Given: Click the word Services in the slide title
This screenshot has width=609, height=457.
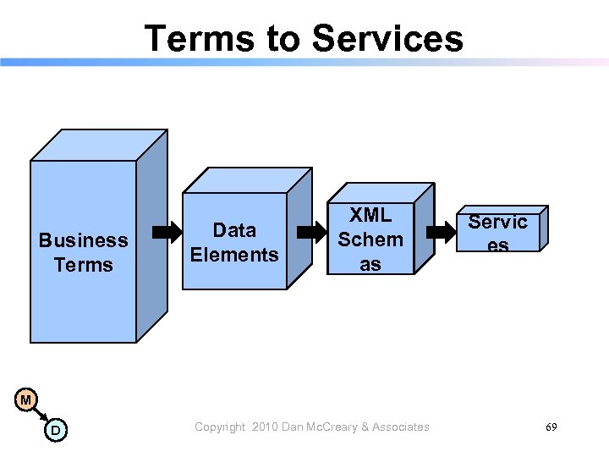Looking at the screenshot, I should click(x=387, y=39).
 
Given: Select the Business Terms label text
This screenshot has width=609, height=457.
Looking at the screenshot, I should click(x=83, y=252).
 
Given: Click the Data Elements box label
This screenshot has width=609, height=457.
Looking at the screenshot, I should click(x=234, y=242).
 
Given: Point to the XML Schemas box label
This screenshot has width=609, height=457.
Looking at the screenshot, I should click(x=370, y=240).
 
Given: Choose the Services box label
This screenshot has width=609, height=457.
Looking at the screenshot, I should click(x=498, y=233).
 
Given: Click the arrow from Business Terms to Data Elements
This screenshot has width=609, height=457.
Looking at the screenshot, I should click(x=166, y=230).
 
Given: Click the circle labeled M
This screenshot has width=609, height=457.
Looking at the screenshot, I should click(x=26, y=399).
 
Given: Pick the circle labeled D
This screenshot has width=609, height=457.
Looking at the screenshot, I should click(x=56, y=430).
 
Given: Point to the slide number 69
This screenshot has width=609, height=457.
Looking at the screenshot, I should click(x=551, y=427).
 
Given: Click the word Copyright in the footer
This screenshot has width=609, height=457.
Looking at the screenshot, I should click(x=220, y=427).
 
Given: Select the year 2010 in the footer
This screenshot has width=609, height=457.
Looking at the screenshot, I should click(x=263, y=427).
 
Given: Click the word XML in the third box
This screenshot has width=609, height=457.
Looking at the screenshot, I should click(x=370, y=215).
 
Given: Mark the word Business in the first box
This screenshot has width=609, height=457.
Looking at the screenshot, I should click(x=83, y=240).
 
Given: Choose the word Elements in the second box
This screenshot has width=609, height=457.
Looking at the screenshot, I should click(x=234, y=255).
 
